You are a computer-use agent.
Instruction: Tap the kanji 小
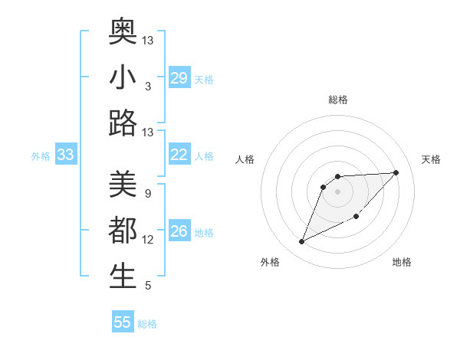(x=123, y=77)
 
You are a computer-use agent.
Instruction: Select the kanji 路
(x=123, y=123)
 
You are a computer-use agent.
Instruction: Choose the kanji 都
(x=123, y=231)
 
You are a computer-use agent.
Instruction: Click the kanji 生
(x=123, y=277)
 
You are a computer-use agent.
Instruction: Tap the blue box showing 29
(x=179, y=78)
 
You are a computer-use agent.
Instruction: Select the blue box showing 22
(x=179, y=155)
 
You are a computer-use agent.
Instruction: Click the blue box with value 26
(x=179, y=231)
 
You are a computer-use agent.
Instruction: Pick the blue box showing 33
(x=66, y=155)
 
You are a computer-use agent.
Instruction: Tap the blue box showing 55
(x=123, y=322)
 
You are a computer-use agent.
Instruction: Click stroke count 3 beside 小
(x=147, y=87)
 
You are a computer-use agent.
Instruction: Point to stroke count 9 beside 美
(x=147, y=194)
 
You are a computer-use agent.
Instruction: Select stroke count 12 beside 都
(x=148, y=240)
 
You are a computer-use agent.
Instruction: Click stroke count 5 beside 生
(x=147, y=286)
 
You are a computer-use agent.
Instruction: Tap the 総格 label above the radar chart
(x=338, y=100)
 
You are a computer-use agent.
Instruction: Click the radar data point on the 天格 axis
(x=396, y=172)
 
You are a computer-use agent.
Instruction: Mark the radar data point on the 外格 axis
(x=302, y=242)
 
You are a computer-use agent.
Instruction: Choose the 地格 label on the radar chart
(x=402, y=263)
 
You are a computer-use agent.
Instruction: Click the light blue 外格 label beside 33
(x=41, y=156)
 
